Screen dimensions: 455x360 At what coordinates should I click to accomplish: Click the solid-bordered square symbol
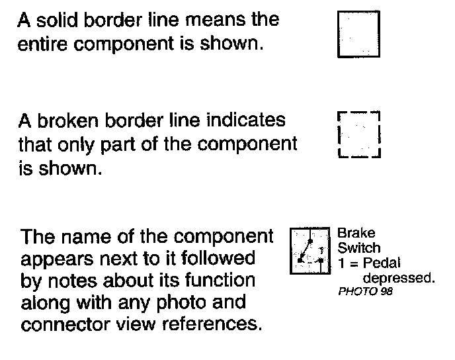click(x=359, y=34)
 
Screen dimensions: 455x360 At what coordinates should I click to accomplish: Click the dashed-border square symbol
click(x=358, y=134)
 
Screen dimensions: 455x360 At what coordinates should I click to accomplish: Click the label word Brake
click(x=356, y=233)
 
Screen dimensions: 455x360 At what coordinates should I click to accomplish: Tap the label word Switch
click(x=359, y=248)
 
